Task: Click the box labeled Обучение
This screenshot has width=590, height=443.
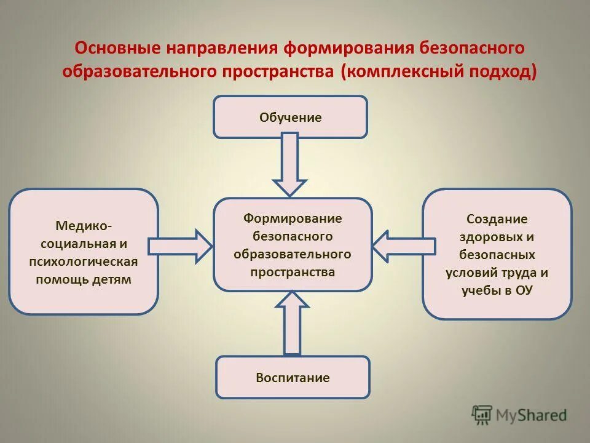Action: click(290, 117)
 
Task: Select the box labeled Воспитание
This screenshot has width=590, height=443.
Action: click(293, 377)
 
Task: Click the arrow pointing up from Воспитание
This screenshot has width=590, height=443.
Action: click(293, 322)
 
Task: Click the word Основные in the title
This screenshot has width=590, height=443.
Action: click(117, 49)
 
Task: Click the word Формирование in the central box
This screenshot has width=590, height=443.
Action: click(293, 218)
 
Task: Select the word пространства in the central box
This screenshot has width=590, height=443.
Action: click(293, 271)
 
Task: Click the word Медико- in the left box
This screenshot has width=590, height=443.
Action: click(84, 226)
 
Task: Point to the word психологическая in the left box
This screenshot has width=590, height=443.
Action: click(84, 261)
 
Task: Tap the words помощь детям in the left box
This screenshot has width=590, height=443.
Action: click(84, 279)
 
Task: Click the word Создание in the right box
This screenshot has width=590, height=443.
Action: click(497, 219)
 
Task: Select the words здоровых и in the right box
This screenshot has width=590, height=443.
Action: click(497, 237)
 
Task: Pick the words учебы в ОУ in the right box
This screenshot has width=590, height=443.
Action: click(497, 290)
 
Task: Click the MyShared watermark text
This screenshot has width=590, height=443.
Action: click(532, 415)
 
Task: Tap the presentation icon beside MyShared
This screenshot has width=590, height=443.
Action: click(482, 415)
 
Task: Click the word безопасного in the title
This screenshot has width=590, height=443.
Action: click(472, 49)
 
